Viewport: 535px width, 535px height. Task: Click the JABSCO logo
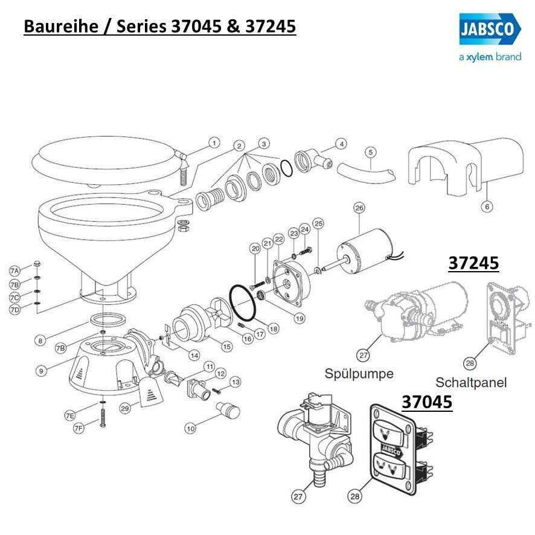(x=485, y=29)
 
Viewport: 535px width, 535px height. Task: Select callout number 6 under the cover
(x=487, y=207)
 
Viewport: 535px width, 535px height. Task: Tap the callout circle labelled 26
(x=359, y=209)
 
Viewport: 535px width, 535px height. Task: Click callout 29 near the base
(x=125, y=409)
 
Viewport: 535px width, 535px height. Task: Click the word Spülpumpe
(x=359, y=374)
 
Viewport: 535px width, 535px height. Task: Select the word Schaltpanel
(x=471, y=382)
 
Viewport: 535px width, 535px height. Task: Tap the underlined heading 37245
(x=473, y=263)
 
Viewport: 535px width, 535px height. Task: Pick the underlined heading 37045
(x=427, y=402)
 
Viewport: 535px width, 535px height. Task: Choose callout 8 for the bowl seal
(x=40, y=341)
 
